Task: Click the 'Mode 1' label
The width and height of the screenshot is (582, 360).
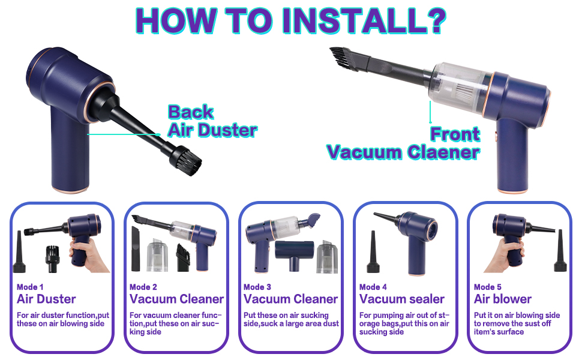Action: pyautogui.click(x=30, y=287)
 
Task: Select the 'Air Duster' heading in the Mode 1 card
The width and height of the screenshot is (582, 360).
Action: pyautogui.click(x=46, y=299)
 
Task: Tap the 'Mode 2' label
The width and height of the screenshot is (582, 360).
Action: pyautogui.click(x=143, y=287)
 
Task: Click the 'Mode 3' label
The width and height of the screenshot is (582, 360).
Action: pyautogui.click(x=257, y=287)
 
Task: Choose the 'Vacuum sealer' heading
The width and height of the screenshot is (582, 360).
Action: pyautogui.click(x=402, y=299)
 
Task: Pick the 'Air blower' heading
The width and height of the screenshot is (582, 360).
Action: pyautogui.click(x=503, y=299)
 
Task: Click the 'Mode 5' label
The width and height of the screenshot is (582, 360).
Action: pyautogui.click(x=488, y=287)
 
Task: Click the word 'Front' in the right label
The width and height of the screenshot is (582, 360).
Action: pyautogui.click(x=455, y=134)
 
